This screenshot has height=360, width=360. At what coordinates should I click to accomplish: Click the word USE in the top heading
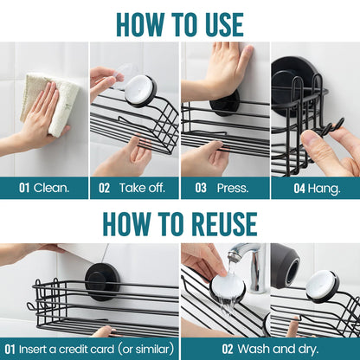point(221,24)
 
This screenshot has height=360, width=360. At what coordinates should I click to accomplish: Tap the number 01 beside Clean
point(24,188)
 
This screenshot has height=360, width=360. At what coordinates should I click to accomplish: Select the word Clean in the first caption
point(51,188)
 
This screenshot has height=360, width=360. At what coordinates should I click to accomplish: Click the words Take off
point(142,188)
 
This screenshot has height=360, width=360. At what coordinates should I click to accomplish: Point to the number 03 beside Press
point(201,188)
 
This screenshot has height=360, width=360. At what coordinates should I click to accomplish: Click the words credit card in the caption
point(87,350)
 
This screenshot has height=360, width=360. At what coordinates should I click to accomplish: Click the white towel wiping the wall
point(49,102)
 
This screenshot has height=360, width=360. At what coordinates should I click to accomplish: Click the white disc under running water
point(228,287)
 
